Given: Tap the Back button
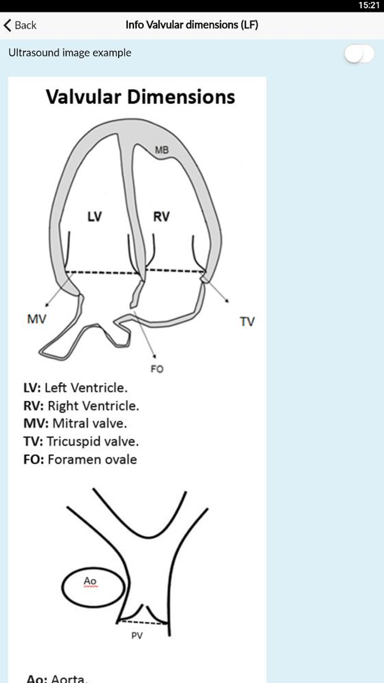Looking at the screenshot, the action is pos(20,25).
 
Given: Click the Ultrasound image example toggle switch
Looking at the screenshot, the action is pos(359,53).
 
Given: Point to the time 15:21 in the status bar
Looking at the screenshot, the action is pos(369,5).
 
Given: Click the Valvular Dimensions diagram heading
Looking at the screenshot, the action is pos(141,97).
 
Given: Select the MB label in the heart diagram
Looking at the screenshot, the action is pos(162,150).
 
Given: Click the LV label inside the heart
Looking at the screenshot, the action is pos(94,216).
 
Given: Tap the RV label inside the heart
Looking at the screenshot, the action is pos(161,216).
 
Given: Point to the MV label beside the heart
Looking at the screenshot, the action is pos(37,319).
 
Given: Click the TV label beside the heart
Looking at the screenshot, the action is pos(247,322).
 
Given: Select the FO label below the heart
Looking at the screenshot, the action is pos(157,369).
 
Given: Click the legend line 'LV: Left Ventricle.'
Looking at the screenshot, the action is pos(75,388).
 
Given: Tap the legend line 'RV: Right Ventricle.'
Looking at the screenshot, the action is pos(81,406).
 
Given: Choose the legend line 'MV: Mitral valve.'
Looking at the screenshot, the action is pos(75,423).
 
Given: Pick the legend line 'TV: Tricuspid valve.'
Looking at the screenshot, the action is pos(81,441).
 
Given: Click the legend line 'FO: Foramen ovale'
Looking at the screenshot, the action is pos(80,459).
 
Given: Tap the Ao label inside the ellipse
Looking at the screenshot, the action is pos(90,581).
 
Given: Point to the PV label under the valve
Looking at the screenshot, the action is pos(137,636).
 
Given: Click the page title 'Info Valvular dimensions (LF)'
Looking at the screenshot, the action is pos(192,25).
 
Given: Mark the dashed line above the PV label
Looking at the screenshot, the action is pos(142,622).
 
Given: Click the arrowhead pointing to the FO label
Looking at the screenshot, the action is pos(154,356).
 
